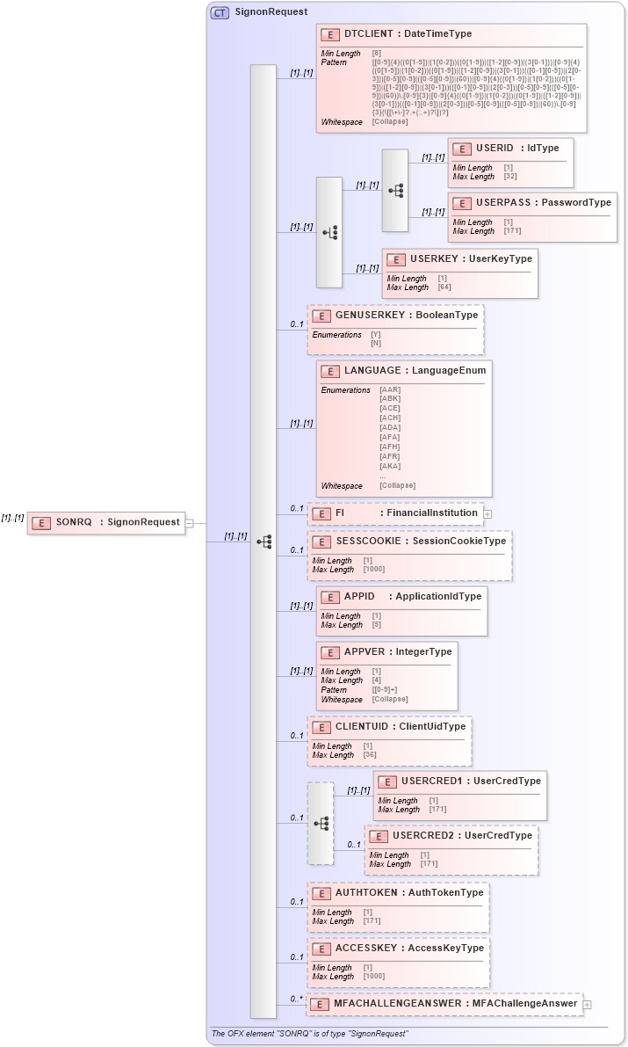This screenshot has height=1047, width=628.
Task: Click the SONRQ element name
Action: tap(74, 522)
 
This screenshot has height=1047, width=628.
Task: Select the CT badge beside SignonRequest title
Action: tap(220, 12)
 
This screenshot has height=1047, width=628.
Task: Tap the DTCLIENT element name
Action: tap(368, 34)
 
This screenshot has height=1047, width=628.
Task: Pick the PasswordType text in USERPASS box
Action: tap(576, 203)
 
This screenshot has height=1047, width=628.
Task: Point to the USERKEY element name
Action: tap(433, 259)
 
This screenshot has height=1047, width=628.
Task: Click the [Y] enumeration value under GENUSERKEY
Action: tap(376, 335)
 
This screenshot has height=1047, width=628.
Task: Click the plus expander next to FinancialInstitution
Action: tap(487, 513)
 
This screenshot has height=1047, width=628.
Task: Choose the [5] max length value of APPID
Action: tap(376, 625)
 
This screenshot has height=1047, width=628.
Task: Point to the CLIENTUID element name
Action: tap(363, 727)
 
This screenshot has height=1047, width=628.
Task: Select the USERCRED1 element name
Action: tap(431, 781)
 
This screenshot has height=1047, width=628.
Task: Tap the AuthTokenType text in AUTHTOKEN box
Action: tap(444, 893)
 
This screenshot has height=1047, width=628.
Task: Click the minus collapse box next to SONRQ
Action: tap(189, 522)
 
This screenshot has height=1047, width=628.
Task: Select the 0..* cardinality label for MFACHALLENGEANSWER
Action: tap(296, 999)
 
